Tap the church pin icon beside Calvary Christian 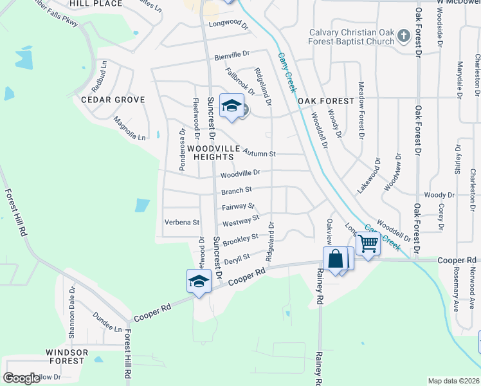click(x=403, y=35)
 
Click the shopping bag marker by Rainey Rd click(x=336, y=259)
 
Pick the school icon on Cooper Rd click(x=199, y=281)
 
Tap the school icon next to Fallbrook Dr click(x=231, y=106)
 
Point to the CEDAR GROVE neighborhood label click(x=113, y=100)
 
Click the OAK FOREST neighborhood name click(x=326, y=101)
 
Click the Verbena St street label click(x=182, y=222)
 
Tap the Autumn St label click(x=260, y=154)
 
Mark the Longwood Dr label click(x=228, y=26)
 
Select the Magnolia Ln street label click(x=129, y=127)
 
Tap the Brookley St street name click(x=240, y=239)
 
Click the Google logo click(x=21, y=378)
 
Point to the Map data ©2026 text click(x=453, y=381)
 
